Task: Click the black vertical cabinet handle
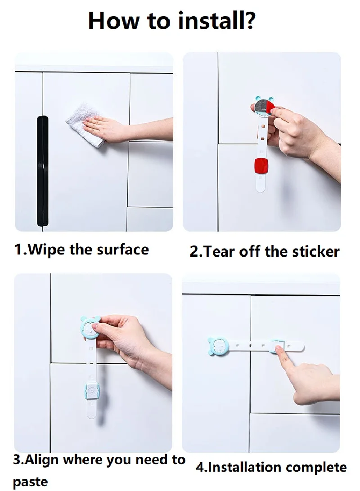coord(43,171)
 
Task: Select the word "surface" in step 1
coord(123,250)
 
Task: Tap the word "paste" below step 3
coord(31,481)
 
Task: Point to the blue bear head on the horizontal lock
coord(218,347)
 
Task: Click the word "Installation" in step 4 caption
coord(244,467)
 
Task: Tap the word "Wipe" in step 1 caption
coord(47,250)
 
